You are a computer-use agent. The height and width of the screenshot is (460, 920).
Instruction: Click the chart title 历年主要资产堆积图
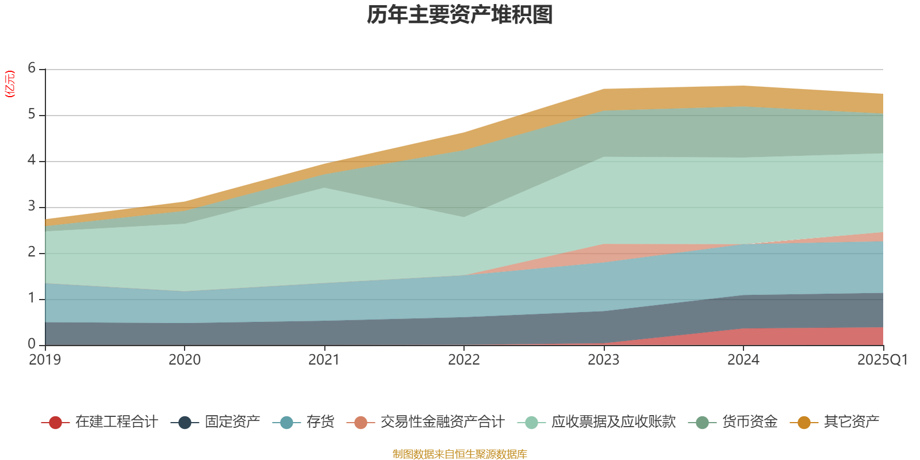(x=460, y=15)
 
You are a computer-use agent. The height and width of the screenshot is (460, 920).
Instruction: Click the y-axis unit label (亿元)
(x=10, y=84)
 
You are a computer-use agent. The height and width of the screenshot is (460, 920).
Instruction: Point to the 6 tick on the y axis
(x=32, y=68)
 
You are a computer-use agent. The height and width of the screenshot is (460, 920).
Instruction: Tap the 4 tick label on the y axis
(x=32, y=160)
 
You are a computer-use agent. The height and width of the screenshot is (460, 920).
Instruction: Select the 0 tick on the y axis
(x=32, y=344)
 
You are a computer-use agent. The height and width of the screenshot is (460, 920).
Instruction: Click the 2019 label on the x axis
(x=45, y=360)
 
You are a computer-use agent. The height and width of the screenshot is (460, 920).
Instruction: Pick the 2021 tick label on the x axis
(x=324, y=360)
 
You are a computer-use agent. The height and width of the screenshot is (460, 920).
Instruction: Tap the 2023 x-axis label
(x=603, y=360)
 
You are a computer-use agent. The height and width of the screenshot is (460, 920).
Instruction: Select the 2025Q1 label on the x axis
(x=882, y=360)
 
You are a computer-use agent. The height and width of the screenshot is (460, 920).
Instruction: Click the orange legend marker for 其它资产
(x=804, y=423)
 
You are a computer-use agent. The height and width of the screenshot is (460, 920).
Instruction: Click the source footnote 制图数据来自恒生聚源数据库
(x=460, y=454)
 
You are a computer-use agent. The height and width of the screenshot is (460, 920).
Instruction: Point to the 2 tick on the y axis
(x=32, y=252)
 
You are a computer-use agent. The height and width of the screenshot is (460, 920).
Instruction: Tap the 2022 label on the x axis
(x=463, y=360)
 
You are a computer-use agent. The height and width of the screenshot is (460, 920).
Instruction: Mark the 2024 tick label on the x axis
(x=743, y=360)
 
